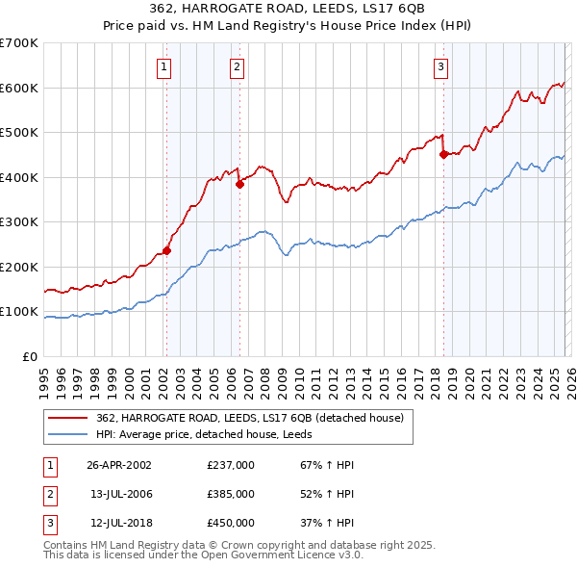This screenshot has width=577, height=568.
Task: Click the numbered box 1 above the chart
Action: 165,67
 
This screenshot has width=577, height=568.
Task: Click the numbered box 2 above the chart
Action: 237,67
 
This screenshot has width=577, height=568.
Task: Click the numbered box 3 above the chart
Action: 440,67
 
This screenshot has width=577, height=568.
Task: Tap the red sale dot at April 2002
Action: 166,250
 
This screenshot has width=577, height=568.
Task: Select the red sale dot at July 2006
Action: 239,185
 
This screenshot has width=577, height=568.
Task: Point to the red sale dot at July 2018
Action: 443,154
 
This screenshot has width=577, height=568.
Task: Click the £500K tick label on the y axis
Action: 18,133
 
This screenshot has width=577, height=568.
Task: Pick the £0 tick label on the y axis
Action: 29,357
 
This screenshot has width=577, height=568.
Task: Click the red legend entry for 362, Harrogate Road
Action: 255,418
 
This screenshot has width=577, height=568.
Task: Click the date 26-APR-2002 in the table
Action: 119,464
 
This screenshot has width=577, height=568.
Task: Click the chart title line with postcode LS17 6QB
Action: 288,9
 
